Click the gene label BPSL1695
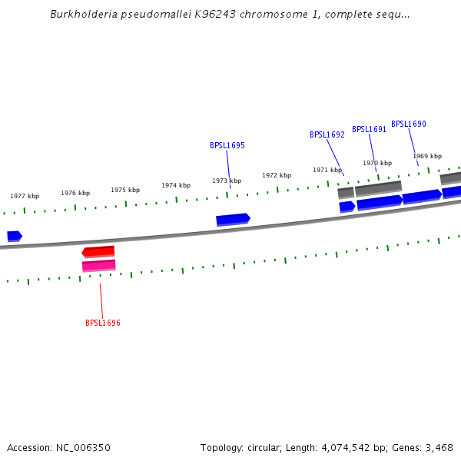pyautogui.click(x=227, y=145)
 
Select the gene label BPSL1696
pyautogui.click(x=103, y=323)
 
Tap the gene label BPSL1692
pyautogui.click(x=327, y=134)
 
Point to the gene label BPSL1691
pyautogui.click(x=369, y=129)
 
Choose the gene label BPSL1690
pyautogui.click(x=408, y=124)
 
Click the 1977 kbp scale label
pyautogui.click(x=25, y=196)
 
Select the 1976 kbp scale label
pyautogui.click(x=75, y=193)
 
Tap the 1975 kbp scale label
pyautogui.click(x=125, y=190)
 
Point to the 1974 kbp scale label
pyautogui.click(x=176, y=185)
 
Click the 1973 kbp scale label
pyautogui.click(x=227, y=181)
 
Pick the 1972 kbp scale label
pyautogui.click(x=277, y=175)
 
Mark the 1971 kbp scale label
pyautogui.click(x=327, y=170)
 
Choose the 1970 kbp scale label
pyautogui.click(x=377, y=163)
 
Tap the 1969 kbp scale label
pyautogui.click(x=427, y=156)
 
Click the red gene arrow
pyautogui.click(x=98, y=251)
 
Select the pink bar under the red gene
pyautogui.click(x=99, y=266)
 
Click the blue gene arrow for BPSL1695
pyautogui.click(x=233, y=220)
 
